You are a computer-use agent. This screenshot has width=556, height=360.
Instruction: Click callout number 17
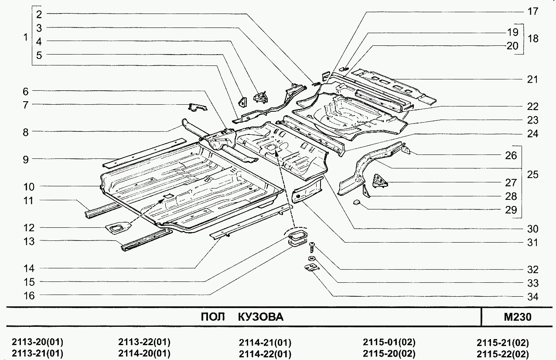point(532,12)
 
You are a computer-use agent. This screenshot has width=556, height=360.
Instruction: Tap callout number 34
point(532,297)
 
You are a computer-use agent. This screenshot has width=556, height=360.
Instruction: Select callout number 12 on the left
point(29,228)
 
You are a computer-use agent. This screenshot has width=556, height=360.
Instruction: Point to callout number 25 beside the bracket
point(532,175)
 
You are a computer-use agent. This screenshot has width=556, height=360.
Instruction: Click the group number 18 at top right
point(532,39)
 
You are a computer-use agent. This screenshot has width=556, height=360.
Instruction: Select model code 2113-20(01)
point(38,342)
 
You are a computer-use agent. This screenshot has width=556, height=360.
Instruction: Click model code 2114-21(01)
point(265,342)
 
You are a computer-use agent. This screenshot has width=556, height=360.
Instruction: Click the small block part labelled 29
point(356,202)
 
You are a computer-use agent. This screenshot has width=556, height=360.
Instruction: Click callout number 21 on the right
point(532,80)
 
